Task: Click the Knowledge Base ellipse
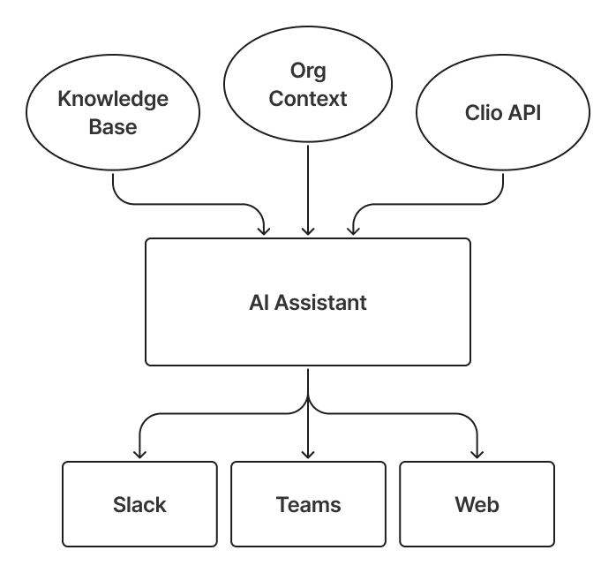point(113,112)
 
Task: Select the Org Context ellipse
point(308,84)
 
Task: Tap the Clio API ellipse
point(503,112)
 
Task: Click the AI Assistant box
point(308,303)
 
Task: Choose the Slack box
point(139,505)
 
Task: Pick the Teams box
point(308,505)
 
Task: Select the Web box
point(477,505)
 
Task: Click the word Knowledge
point(113,99)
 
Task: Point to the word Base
point(113,126)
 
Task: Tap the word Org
point(308,70)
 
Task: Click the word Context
point(308,98)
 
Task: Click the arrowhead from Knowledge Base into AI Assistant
point(264,231)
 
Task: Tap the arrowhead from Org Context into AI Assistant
point(308,231)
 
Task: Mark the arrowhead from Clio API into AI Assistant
point(353,231)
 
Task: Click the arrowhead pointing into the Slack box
point(139,454)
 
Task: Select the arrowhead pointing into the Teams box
point(308,454)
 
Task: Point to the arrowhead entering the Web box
point(477,454)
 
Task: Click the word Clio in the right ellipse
point(484,113)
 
